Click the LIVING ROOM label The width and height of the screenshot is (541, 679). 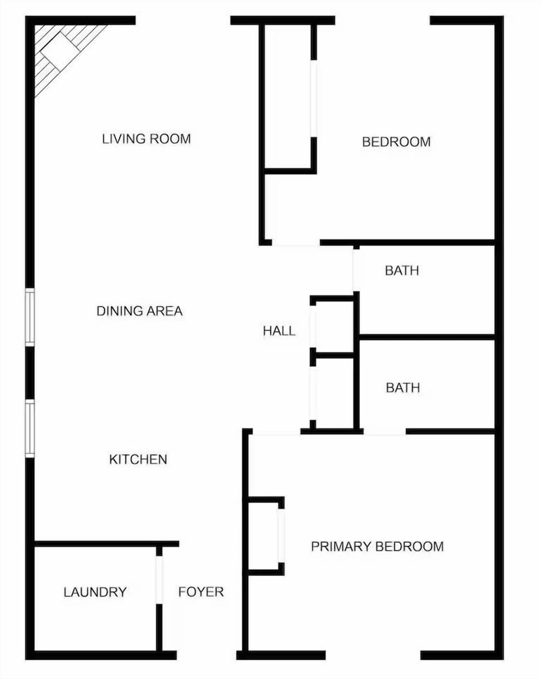[146, 139]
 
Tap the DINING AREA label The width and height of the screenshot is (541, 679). [139, 311]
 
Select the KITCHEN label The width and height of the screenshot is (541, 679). [138, 460]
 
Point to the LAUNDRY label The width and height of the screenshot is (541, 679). [95, 592]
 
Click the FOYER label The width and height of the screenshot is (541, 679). [201, 592]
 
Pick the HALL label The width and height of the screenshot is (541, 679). [279, 331]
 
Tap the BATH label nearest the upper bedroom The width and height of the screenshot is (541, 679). [402, 271]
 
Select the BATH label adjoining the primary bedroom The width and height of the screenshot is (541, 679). [403, 388]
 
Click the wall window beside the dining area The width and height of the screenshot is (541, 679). [30, 317]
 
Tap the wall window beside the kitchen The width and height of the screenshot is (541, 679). [30, 428]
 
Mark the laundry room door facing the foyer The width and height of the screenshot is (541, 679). [159, 580]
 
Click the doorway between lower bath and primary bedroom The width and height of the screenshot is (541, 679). [385, 432]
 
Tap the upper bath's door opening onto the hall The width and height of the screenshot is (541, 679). [356, 269]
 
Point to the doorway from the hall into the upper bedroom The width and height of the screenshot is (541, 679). [296, 244]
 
